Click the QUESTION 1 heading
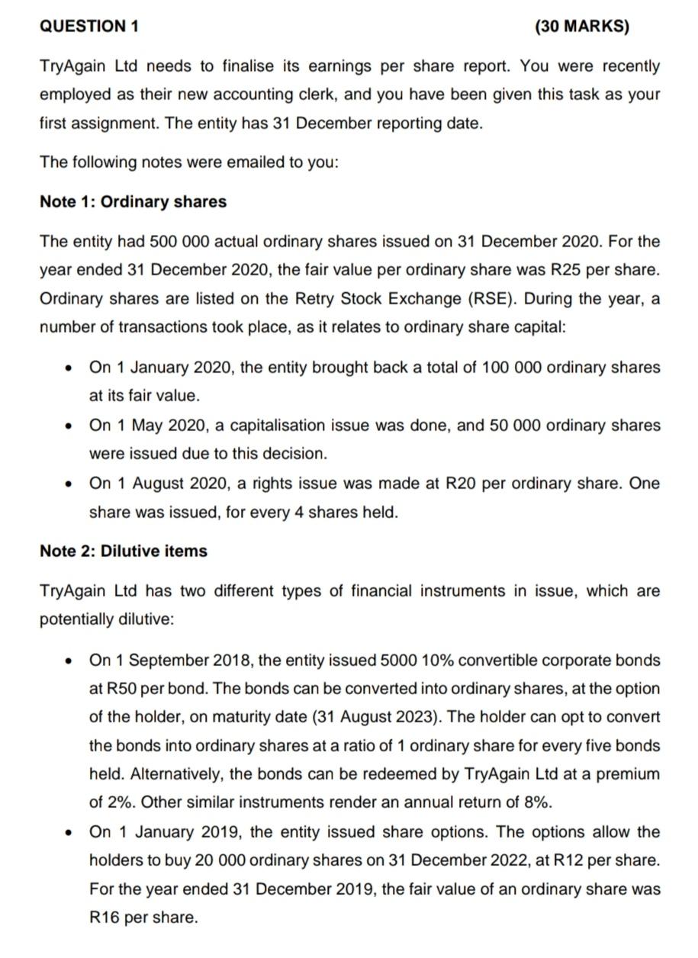click(x=89, y=27)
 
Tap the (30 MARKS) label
click(x=583, y=27)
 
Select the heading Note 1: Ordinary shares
click(x=133, y=202)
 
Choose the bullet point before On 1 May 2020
click(x=69, y=426)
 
